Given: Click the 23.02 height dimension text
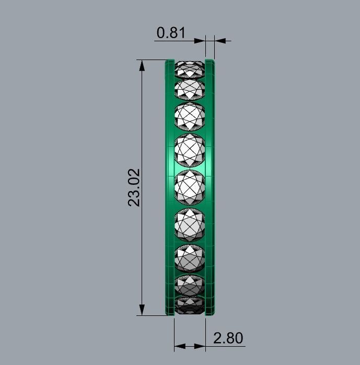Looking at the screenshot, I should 134,187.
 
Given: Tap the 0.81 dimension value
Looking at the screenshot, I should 171,33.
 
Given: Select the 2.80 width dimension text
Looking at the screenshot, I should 228,338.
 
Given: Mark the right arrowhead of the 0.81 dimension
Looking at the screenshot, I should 220,40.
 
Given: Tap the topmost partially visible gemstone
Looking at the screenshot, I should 189,68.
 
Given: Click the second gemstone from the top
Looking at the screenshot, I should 189,88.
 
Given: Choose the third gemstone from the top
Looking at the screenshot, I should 189,116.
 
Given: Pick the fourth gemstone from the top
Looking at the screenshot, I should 189,151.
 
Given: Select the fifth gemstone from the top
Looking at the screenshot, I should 189,187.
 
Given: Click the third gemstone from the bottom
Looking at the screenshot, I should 189,257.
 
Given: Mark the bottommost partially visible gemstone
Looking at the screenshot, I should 189,305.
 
